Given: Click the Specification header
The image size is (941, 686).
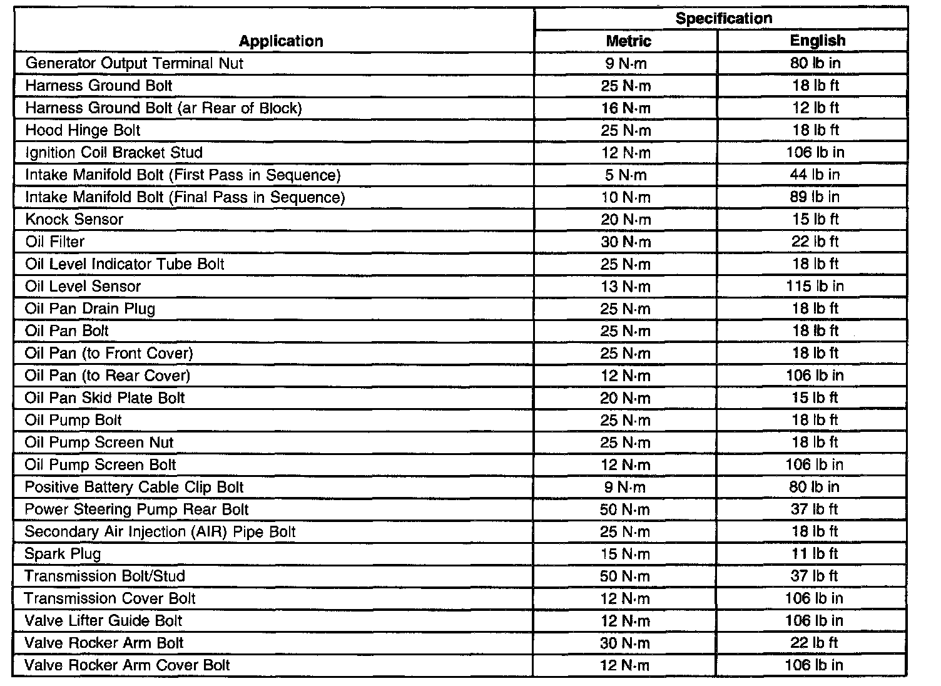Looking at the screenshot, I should [723, 19].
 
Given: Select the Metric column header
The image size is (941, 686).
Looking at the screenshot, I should [628, 41].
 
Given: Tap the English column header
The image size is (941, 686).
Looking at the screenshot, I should [817, 41].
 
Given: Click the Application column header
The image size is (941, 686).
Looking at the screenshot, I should [281, 41].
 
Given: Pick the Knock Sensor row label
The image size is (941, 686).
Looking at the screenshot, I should [74, 220].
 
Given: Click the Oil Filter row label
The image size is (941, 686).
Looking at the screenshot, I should [55, 242].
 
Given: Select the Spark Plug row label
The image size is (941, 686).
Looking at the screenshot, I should [63, 554].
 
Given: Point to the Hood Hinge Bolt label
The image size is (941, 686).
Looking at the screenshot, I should [83, 130].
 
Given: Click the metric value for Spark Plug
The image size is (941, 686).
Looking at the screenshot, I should [625, 555].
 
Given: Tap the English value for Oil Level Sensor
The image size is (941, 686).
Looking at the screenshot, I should [815, 287].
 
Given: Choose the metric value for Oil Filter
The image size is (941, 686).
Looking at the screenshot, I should [626, 242].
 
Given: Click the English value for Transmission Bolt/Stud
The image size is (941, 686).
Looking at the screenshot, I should [815, 576].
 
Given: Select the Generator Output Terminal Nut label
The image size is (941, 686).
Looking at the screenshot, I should [135, 63].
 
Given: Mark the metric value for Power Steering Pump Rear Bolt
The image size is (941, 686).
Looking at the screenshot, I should [625, 509].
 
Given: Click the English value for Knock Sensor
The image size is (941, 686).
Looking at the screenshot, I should [815, 220].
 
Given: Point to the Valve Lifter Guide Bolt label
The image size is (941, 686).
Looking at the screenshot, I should [104, 621].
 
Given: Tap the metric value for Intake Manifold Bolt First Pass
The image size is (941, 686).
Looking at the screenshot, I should [626, 175].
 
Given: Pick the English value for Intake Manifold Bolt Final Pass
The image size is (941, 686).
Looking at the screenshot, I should [815, 197].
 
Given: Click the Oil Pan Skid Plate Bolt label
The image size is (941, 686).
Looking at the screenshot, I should [105, 398].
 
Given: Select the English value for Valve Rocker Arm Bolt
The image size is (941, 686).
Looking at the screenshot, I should [815, 643].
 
